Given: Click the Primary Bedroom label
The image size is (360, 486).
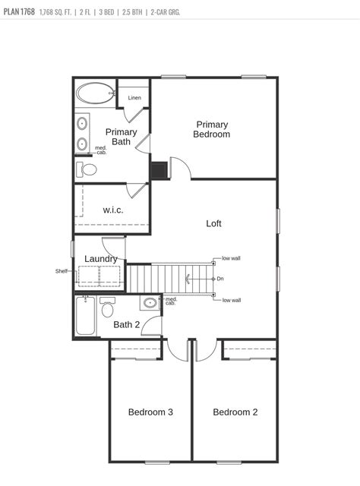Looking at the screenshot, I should [212, 129].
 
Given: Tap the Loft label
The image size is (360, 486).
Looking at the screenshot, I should [213, 223].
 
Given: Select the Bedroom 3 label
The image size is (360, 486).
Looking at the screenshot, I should [150, 412].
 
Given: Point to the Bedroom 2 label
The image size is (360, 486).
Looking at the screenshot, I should [235, 412].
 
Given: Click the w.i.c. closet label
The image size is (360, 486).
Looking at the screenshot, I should [113, 210].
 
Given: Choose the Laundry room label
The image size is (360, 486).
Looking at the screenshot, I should [100, 259].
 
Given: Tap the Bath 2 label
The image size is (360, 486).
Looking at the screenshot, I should [126, 325].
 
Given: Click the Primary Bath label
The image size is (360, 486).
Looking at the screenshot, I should [121, 137].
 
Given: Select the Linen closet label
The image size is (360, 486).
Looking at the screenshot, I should [134, 98].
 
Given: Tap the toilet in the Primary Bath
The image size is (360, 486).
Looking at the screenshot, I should [87, 169].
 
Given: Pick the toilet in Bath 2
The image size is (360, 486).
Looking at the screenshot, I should [107, 308].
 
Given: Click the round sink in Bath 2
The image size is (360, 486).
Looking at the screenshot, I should [150, 304].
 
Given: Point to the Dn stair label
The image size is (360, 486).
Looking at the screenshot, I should [220, 279].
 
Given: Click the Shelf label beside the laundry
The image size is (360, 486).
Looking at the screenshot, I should [62, 271].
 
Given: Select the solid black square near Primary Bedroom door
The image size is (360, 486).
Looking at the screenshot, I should [159, 169].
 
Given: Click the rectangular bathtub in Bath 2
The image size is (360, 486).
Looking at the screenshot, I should [85, 317].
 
